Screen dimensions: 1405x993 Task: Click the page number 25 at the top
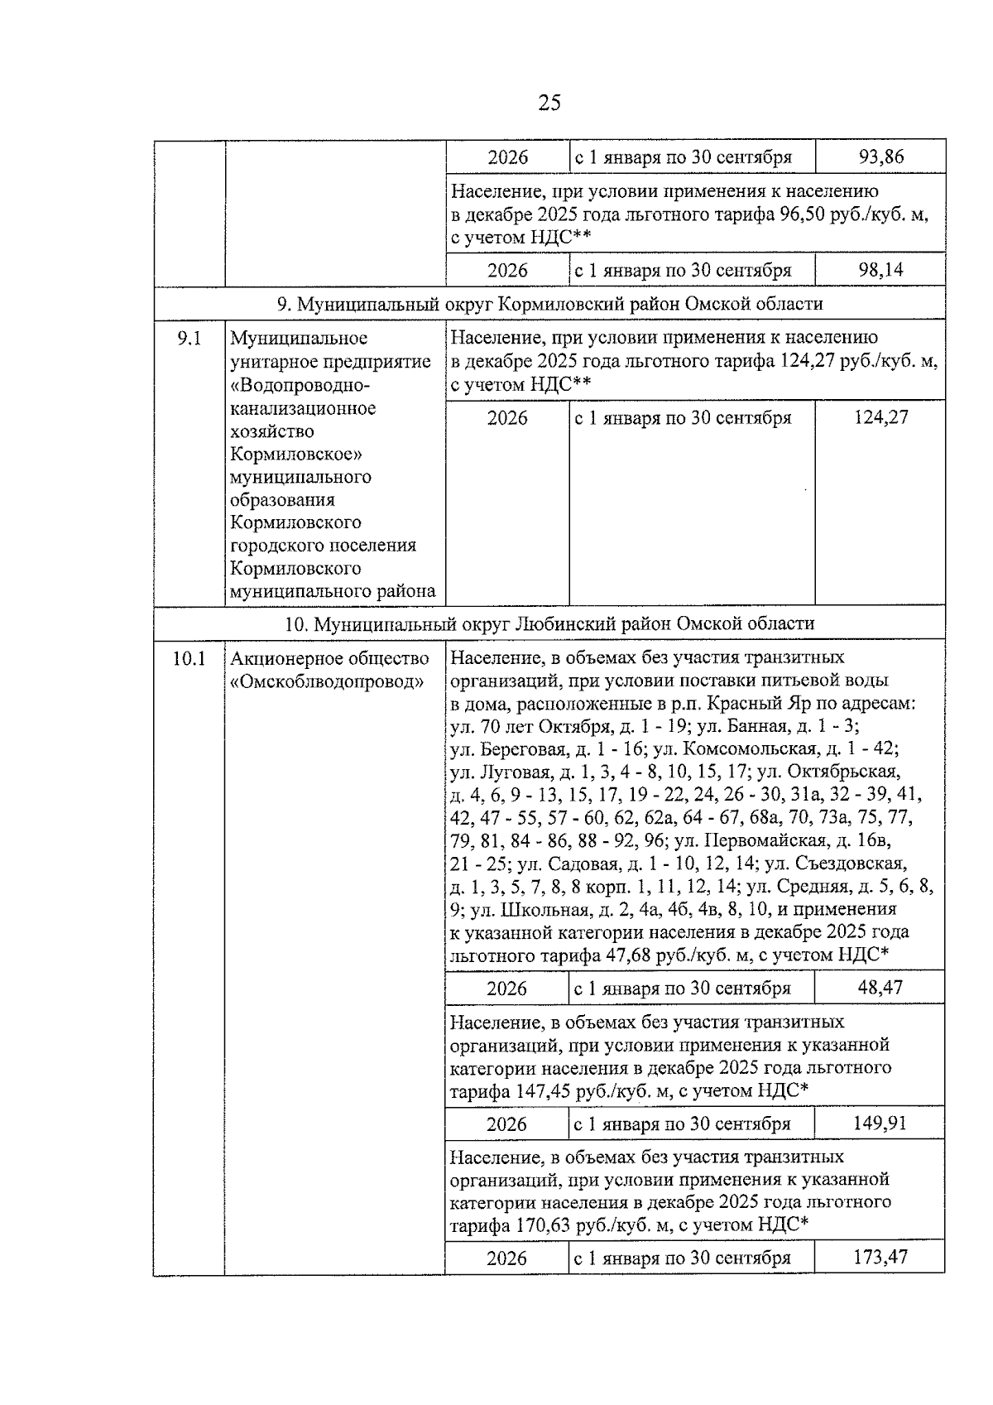(x=549, y=103)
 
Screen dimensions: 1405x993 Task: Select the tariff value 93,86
(x=880, y=156)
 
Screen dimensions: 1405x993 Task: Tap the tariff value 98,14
(x=880, y=270)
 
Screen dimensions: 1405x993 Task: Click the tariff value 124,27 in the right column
(x=880, y=417)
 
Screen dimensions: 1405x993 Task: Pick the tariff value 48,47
(x=880, y=987)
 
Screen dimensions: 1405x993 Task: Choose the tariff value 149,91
(x=880, y=1123)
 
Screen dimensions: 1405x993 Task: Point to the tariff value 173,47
(x=880, y=1257)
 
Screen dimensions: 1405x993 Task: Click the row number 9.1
(x=189, y=339)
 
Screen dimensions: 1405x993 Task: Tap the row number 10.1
(x=189, y=659)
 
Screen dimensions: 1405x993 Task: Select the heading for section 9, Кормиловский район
(x=549, y=304)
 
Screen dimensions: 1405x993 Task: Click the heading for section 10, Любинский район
(x=549, y=623)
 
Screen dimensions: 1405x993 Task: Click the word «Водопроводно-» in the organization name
(x=300, y=385)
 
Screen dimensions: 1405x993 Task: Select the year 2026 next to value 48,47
(x=506, y=988)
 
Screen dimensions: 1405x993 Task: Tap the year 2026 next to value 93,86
(x=507, y=157)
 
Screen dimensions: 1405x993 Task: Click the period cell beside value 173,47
(x=683, y=1258)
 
